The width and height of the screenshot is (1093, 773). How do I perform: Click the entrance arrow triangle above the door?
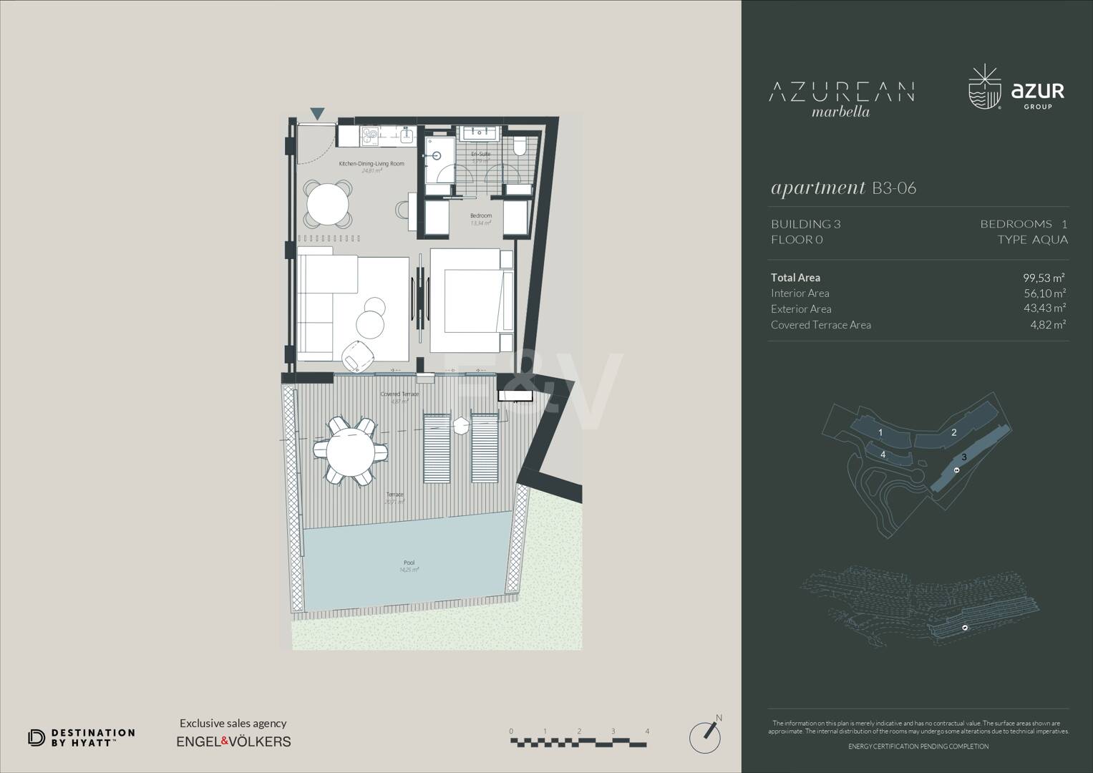[x=317, y=113]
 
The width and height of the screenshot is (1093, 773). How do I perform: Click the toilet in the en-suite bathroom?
[x=520, y=147]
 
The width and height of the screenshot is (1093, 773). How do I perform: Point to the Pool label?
[x=409, y=563]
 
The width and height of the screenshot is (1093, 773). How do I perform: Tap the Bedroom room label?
[x=481, y=215]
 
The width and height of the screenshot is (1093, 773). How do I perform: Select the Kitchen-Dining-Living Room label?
[x=371, y=164]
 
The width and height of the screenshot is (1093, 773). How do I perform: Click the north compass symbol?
[x=704, y=735]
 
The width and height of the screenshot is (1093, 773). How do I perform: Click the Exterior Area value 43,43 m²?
[x=1044, y=308]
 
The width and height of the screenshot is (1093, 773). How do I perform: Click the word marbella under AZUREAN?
[x=841, y=112]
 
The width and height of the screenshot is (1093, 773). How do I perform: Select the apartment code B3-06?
[x=894, y=188]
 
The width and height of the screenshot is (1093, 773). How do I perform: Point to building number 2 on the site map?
[x=953, y=432]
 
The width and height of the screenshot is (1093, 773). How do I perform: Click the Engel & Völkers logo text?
[x=233, y=742]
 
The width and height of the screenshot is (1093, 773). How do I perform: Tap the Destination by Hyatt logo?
[x=81, y=738]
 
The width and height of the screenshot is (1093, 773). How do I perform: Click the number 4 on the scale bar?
[x=647, y=731]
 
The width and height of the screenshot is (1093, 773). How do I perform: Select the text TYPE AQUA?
[x=1032, y=240]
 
